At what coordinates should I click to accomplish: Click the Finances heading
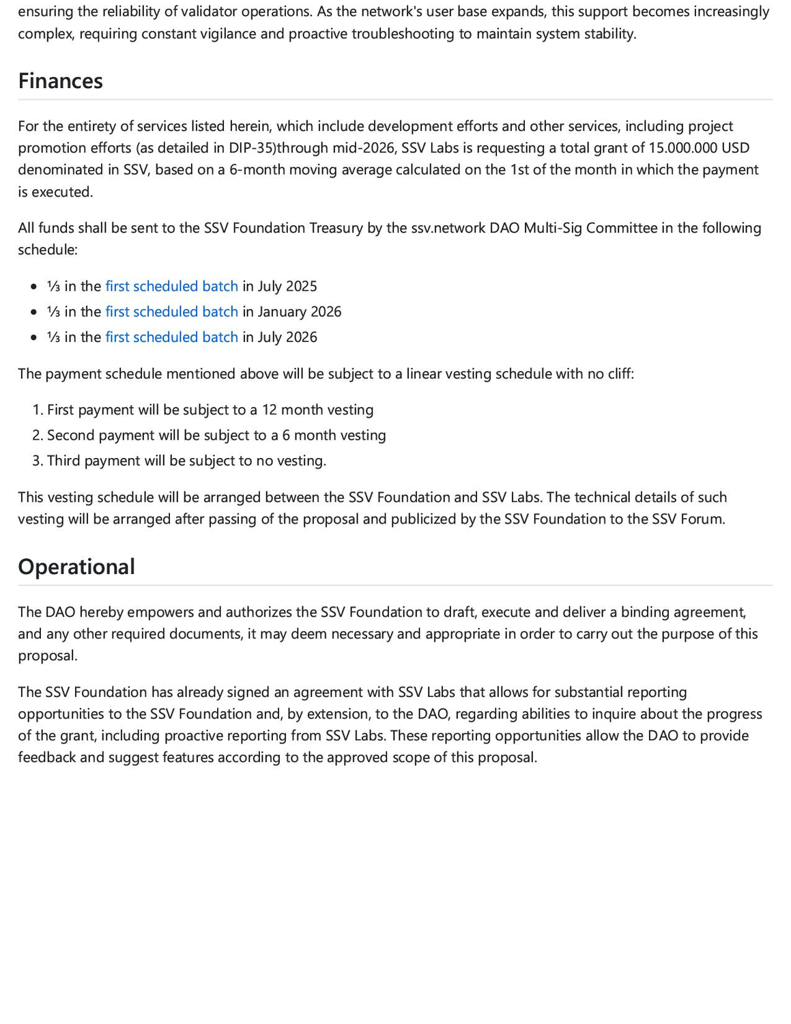tap(60, 81)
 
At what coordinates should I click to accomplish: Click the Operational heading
tap(76, 567)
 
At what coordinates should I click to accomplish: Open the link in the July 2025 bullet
tap(171, 286)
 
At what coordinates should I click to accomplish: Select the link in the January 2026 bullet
tap(171, 311)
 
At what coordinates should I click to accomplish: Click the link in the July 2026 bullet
tap(171, 337)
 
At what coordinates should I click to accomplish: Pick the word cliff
tap(617, 373)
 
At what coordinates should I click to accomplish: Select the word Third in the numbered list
tap(63, 461)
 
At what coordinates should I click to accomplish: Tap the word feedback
tap(47, 757)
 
